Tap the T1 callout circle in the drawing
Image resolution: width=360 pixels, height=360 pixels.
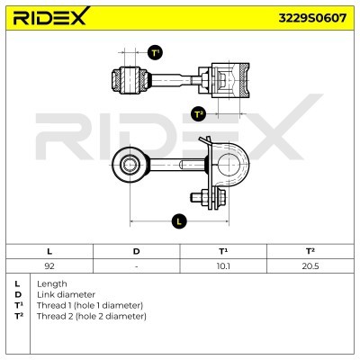[155, 53]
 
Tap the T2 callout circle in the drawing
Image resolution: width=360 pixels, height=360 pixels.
[199, 113]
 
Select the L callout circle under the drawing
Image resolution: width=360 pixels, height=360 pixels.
[179, 220]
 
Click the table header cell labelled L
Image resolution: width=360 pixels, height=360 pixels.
[49, 251]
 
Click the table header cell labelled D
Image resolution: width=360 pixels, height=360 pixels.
[136, 251]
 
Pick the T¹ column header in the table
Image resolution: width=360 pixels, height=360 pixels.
[223, 251]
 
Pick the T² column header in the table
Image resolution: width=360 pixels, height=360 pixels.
[310, 251]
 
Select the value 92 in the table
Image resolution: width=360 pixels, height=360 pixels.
[49, 266]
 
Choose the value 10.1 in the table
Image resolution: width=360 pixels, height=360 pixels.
[223, 266]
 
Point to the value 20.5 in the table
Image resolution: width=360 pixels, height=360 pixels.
[310, 266]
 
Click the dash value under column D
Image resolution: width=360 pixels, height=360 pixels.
[136, 266]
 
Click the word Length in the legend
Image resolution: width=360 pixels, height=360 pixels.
[52, 283]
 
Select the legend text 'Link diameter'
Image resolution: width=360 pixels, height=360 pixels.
[66, 294]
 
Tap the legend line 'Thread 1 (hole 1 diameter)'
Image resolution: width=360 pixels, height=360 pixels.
[91, 305]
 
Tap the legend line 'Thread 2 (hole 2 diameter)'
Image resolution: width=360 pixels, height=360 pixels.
[91, 316]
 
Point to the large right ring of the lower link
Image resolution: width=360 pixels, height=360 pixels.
[236, 165]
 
